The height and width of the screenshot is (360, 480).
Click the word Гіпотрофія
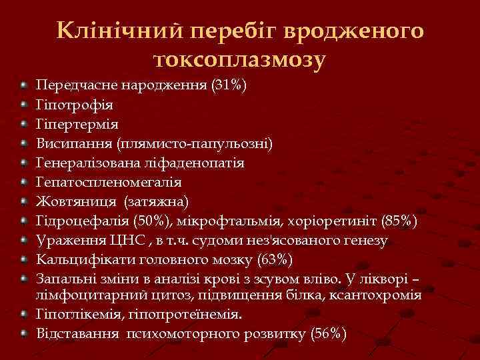point(74,105)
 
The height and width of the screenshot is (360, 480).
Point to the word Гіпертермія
point(77,124)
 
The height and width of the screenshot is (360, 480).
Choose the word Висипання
point(74,143)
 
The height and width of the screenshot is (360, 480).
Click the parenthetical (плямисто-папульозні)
point(194,143)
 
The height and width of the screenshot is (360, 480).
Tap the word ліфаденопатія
point(199,163)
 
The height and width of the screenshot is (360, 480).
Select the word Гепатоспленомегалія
point(108,182)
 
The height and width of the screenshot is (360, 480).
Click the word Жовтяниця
point(75,201)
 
